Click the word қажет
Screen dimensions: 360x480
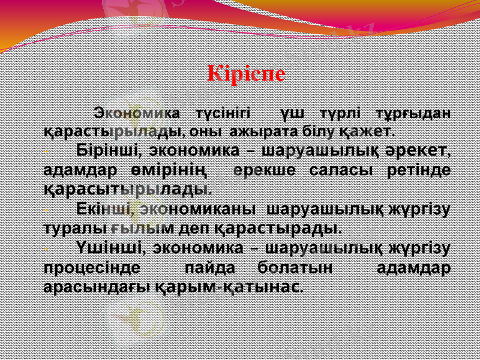(x=367, y=130)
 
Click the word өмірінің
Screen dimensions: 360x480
(x=172, y=170)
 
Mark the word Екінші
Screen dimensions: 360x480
(x=107, y=209)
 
